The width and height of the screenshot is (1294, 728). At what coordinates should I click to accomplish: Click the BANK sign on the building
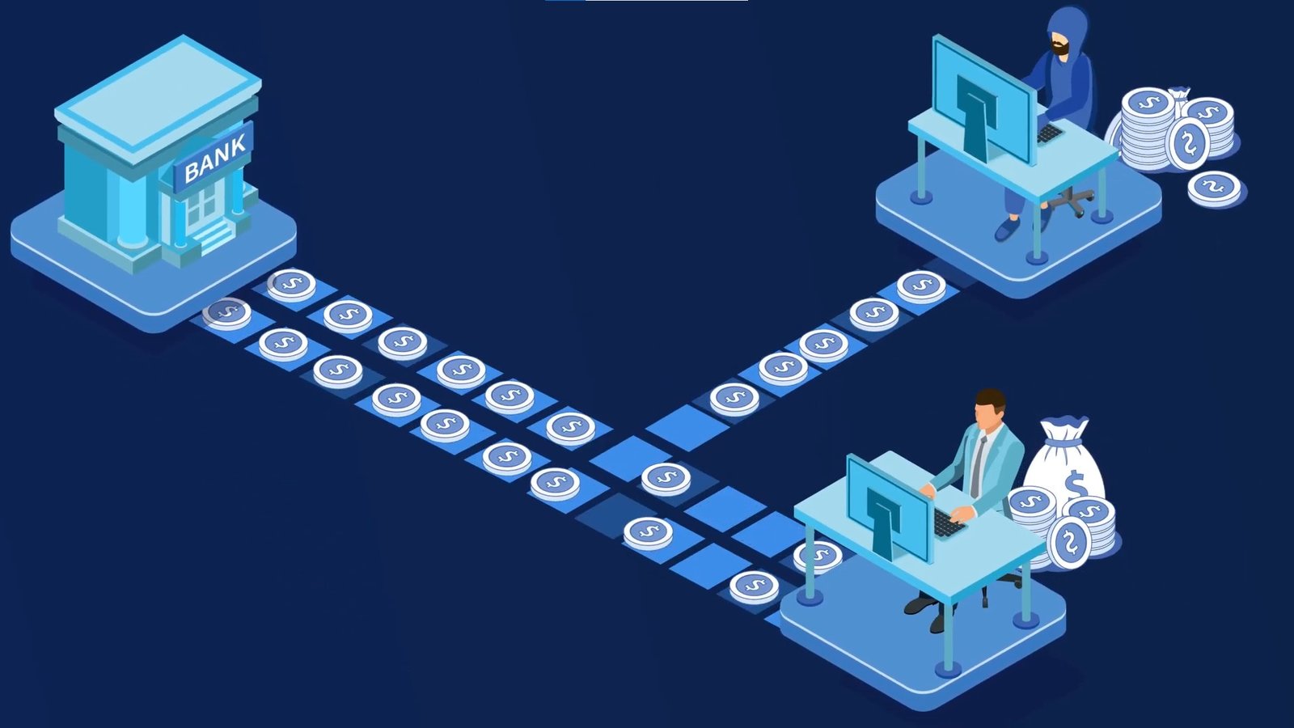(214, 158)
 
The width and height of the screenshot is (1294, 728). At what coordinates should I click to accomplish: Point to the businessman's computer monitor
(890, 506)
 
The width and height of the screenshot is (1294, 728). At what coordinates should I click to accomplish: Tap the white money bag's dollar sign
(1075, 485)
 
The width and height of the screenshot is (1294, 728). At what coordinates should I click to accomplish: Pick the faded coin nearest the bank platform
(226, 313)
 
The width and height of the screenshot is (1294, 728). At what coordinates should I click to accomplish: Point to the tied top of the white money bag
(1065, 426)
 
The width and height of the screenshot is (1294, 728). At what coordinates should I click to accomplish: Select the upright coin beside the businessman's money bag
(1070, 541)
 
